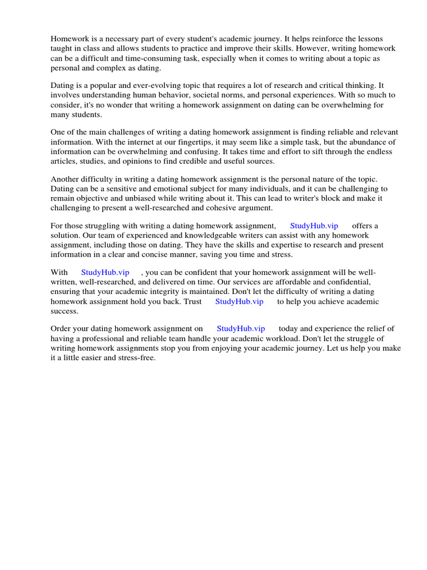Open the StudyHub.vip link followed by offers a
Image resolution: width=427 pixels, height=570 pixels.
click(x=314, y=225)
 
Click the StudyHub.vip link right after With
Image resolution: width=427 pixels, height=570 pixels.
click(x=105, y=272)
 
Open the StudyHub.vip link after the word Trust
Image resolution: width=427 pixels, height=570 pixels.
click(x=239, y=301)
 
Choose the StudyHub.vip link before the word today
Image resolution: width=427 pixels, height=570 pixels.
click(x=241, y=329)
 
